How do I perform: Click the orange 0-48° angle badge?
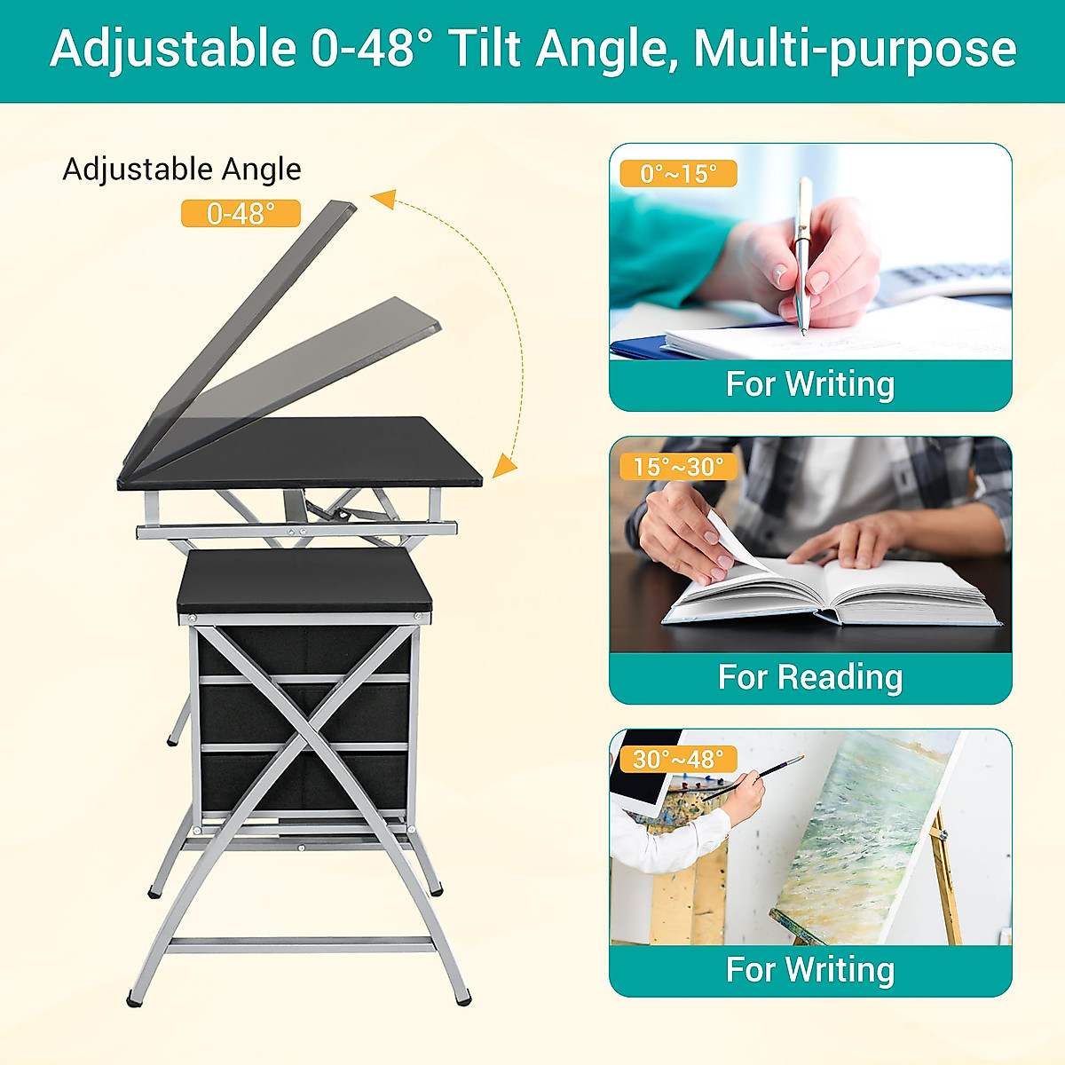point(241,213)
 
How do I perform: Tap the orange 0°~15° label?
point(678,174)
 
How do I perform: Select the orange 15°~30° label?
point(678,467)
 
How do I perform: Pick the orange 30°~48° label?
point(678,760)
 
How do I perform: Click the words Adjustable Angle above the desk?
point(182,169)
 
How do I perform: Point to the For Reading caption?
point(809,677)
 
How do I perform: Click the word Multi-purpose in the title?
point(854,49)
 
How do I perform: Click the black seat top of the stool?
point(304,579)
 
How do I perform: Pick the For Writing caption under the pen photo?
point(809,384)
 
